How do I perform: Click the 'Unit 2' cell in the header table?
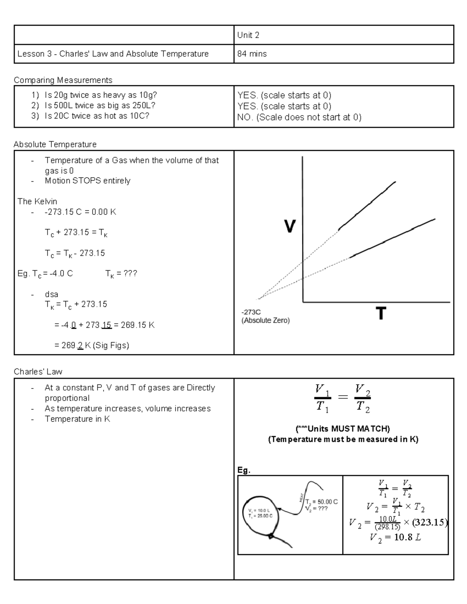tap(248, 35)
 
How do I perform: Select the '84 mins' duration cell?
tap(252, 54)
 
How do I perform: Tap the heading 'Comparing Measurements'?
tap(63, 80)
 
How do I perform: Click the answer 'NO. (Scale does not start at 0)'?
tap(299, 117)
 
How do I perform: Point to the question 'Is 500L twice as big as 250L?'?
tap(100, 106)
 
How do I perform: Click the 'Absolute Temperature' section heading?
tap(55, 144)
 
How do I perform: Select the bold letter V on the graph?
tap(290, 226)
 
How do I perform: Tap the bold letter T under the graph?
tap(381, 313)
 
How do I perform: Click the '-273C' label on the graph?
tap(251, 312)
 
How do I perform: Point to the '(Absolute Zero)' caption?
tap(265, 321)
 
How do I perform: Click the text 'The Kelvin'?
tap(37, 201)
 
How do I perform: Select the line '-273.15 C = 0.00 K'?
tap(80, 212)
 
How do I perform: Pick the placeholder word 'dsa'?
tap(51, 294)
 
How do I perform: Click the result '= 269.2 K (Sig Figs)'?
tap(92, 345)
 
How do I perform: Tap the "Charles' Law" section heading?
tap(38, 372)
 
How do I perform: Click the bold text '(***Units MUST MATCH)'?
tap(343, 429)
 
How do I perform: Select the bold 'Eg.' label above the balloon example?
tap(244, 470)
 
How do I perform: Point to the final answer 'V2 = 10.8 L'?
tap(395, 538)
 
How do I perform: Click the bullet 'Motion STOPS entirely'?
tap(88, 181)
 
